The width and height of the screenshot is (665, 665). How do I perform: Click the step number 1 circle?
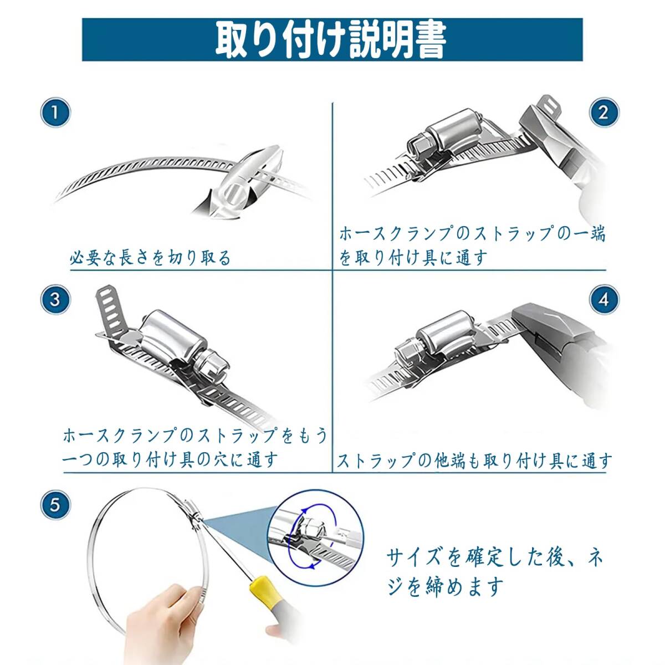[x=55, y=113]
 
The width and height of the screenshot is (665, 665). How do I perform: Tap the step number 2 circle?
[x=604, y=112]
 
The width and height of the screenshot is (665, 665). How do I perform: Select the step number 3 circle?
[x=55, y=299]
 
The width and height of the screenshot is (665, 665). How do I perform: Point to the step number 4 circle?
[x=604, y=299]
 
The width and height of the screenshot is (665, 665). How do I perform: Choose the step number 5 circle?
[x=55, y=504]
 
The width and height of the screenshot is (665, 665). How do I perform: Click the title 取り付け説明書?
[x=331, y=40]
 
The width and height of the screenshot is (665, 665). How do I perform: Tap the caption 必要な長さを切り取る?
[x=150, y=258]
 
